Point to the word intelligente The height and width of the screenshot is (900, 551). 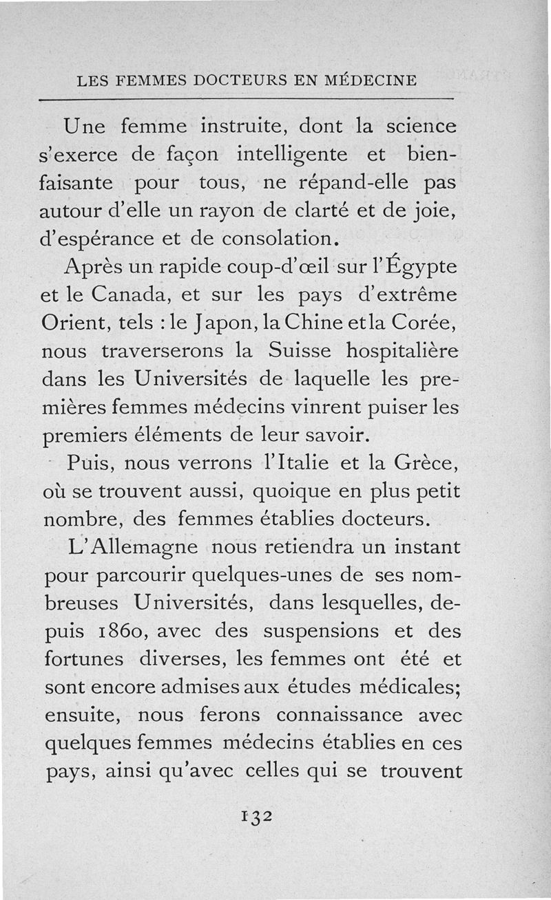[x=291, y=155]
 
